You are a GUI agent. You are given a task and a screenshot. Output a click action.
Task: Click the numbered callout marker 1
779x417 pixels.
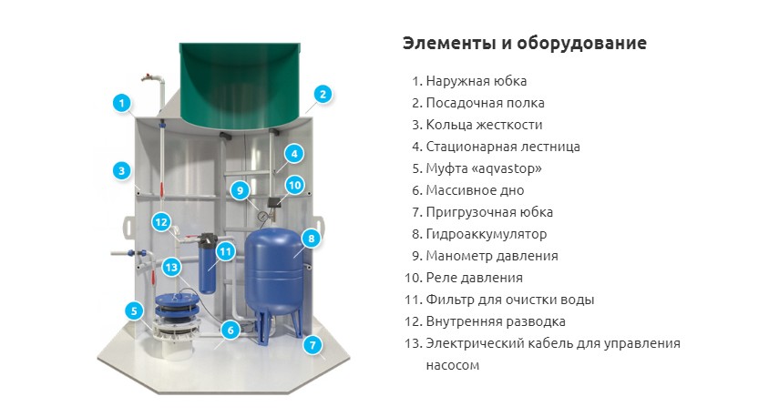click(x=122, y=103)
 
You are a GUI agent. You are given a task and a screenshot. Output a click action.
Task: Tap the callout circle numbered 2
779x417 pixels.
click(x=323, y=94)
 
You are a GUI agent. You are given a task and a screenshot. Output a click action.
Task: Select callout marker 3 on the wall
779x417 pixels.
click(x=122, y=171)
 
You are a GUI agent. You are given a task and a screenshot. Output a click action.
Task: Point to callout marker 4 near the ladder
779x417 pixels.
click(x=294, y=154)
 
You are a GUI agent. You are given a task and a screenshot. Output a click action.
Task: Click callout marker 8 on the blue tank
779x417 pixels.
click(x=312, y=239)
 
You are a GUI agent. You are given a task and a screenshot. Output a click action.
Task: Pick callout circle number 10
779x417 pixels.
click(x=294, y=185)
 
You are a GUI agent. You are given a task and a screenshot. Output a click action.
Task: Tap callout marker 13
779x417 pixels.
click(x=171, y=268)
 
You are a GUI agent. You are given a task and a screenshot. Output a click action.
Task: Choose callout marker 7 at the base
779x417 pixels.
click(x=313, y=345)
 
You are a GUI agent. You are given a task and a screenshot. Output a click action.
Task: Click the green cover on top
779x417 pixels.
click(x=240, y=85)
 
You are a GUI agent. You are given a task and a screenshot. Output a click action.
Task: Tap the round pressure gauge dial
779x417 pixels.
click(x=261, y=216)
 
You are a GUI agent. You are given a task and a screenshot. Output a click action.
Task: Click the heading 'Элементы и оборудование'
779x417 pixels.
click(x=525, y=43)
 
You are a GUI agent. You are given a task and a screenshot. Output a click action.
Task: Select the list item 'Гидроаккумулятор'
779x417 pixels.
click(x=486, y=234)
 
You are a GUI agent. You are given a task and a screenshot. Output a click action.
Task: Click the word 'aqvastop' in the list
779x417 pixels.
click(x=507, y=168)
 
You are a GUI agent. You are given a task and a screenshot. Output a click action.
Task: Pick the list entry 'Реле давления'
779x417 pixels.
click(x=474, y=278)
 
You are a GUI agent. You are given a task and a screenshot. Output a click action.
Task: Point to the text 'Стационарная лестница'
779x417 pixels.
click(x=503, y=147)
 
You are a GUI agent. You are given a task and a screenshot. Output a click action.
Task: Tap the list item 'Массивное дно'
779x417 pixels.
click(x=475, y=190)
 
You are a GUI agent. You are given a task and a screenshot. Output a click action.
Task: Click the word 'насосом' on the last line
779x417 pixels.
click(x=453, y=365)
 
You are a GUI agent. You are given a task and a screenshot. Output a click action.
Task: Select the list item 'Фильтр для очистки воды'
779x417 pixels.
click(x=509, y=300)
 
